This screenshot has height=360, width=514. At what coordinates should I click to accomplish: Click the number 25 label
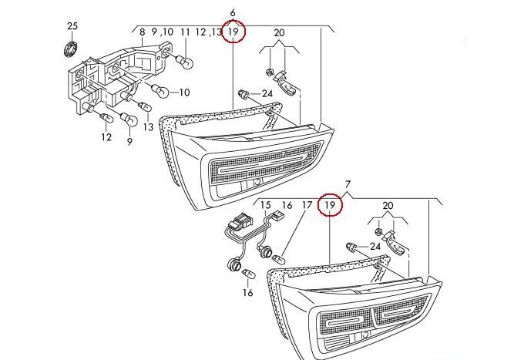[72, 26]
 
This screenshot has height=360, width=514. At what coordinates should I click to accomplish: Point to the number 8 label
[142, 32]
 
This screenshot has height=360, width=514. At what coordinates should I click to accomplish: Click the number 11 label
[185, 32]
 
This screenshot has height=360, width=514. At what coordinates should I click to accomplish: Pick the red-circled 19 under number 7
[331, 206]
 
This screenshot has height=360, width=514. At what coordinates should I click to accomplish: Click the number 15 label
[267, 206]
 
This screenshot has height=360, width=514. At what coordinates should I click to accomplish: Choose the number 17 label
[306, 206]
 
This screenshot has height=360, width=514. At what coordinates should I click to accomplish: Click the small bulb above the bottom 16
[248, 274]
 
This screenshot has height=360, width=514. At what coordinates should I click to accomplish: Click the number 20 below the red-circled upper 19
[278, 33]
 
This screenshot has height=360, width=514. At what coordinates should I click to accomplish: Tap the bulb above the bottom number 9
[129, 121]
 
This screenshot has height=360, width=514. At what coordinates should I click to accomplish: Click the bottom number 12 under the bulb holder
[106, 137]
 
